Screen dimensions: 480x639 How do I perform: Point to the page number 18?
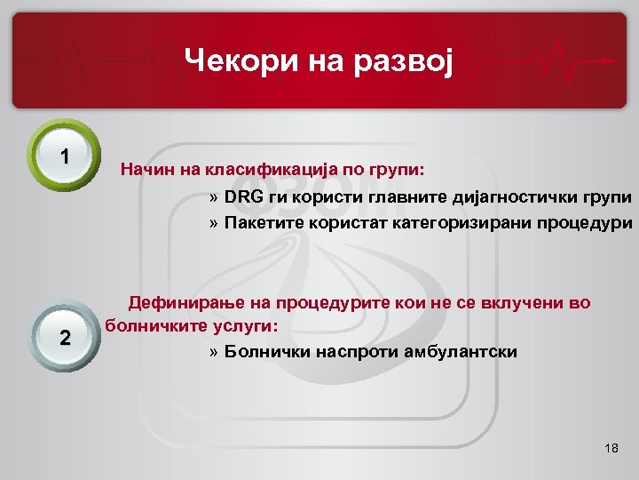coord(610,449)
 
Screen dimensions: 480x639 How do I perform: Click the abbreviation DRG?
coord(243,196)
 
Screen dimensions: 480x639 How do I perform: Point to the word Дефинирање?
coord(185,303)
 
